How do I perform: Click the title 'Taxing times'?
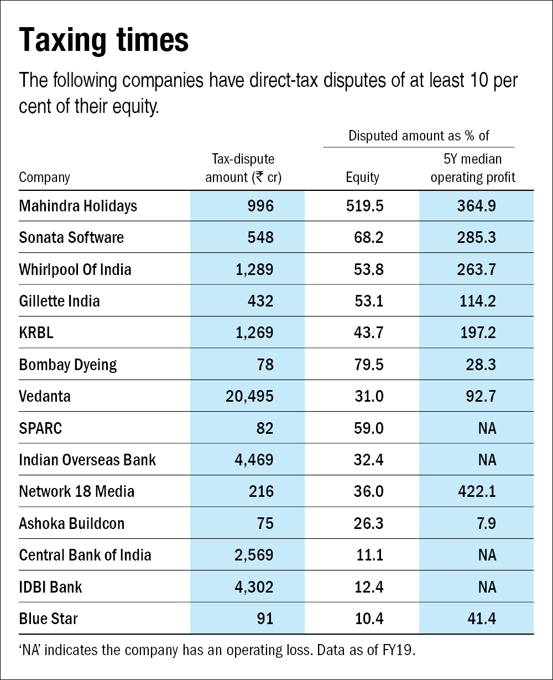coord(104,40)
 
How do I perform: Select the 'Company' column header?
coord(45,178)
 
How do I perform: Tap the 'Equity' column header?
coord(363,178)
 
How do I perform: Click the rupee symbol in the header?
coord(258,178)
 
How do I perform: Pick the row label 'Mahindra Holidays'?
coord(78,206)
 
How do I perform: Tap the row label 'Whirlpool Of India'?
coord(75,270)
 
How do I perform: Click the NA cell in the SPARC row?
coord(487,428)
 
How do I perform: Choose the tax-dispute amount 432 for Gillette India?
coord(259,302)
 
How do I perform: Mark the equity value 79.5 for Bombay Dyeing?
coord(369,365)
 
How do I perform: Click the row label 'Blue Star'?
coord(49,618)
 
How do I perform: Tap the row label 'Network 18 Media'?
coord(77,491)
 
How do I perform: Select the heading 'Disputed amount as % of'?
coord(419,136)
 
